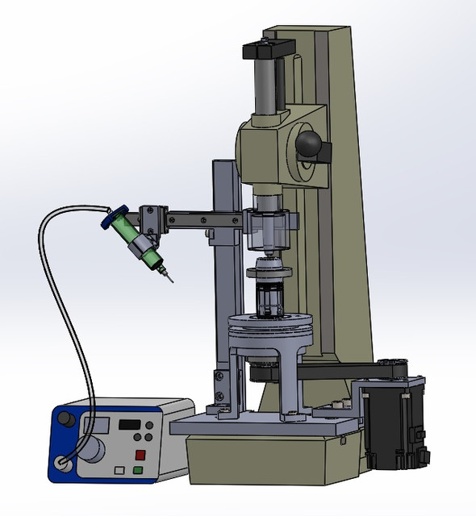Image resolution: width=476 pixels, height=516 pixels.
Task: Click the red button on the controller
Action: (139, 454)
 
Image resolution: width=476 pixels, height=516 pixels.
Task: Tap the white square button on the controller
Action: (120, 469)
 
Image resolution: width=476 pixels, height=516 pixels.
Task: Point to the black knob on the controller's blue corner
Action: (65, 421)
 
